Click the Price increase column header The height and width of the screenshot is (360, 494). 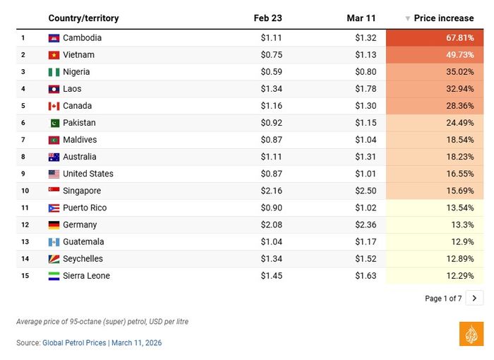coord(444,18)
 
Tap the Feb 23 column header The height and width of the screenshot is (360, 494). coord(267,18)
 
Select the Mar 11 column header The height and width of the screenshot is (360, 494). coord(361,18)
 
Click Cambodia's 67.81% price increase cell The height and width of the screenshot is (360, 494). coord(435,38)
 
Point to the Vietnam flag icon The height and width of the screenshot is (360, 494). coord(54,55)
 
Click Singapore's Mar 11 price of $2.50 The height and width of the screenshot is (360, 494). coord(366,191)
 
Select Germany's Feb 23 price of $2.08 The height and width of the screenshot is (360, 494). coord(272,224)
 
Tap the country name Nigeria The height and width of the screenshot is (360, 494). coord(76,72)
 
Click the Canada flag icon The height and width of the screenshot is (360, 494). coord(54,106)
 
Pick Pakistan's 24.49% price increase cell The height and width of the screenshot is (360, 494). coord(435,123)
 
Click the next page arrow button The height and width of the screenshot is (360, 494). coord(474,298)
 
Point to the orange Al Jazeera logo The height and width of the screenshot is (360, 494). coord(471,334)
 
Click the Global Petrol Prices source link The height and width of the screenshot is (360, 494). coord(74,342)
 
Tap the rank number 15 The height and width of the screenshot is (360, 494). coord(25,276)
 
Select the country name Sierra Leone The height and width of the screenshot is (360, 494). coord(86,276)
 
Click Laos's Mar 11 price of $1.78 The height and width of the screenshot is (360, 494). coord(366,89)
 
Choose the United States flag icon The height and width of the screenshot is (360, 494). coord(54,174)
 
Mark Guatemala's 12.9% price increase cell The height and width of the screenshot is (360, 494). coord(435,242)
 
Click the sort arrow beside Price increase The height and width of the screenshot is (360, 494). coord(407,18)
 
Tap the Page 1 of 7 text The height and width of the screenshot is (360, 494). coord(443,298)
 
